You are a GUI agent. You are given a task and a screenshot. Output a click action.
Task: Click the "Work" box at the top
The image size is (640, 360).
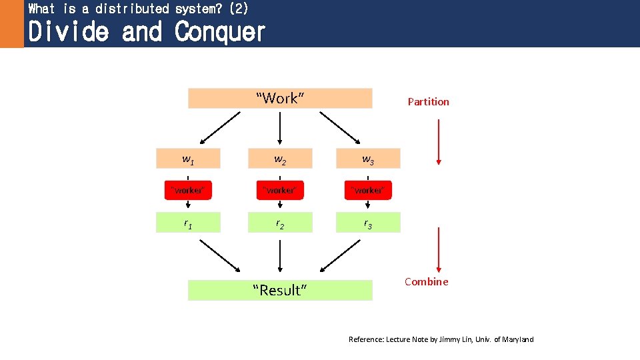pyautogui.click(x=280, y=98)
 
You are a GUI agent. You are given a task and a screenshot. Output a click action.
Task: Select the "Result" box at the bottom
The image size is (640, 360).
pyautogui.click(x=280, y=290)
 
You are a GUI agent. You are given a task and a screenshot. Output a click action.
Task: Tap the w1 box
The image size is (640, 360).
pyautogui.click(x=189, y=159)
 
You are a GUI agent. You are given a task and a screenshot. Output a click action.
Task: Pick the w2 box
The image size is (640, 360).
pyautogui.click(x=280, y=159)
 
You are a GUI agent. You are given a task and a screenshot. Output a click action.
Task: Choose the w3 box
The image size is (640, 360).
pyautogui.click(x=368, y=159)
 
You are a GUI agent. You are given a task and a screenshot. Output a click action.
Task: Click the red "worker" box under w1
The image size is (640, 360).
pyautogui.click(x=189, y=190)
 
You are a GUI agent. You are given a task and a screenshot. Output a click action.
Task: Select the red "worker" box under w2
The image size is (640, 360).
pyautogui.click(x=280, y=190)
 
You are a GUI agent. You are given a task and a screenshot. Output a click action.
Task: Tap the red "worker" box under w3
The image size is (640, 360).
pyautogui.click(x=368, y=190)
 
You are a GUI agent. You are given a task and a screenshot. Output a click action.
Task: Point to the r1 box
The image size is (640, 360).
pyautogui.click(x=189, y=223)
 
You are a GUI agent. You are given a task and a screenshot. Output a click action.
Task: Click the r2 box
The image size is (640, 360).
pyautogui.click(x=280, y=223)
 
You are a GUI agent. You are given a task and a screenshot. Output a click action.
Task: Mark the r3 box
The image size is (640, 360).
pyautogui.click(x=368, y=223)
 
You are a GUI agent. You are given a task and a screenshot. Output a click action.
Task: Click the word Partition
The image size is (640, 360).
pyautogui.click(x=428, y=102)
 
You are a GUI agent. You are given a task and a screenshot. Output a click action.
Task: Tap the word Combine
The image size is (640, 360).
pyautogui.click(x=427, y=281)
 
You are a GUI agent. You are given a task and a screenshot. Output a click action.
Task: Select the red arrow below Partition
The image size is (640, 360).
pyautogui.click(x=438, y=141)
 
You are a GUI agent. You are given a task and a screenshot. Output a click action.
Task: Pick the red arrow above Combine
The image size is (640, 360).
pyautogui.click(x=438, y=250)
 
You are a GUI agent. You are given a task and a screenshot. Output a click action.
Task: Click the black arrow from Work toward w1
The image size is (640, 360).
pyautogui.click(x=220, y=128)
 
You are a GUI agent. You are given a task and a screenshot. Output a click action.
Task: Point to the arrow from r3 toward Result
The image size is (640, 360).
pyautogui.click(x=340, y=256)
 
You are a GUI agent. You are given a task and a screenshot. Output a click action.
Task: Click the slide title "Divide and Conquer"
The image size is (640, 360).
pyautogui.click(x=147, y=31)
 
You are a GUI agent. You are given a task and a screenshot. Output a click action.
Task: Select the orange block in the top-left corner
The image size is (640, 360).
pyautogui.click(x=11, y=24)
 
